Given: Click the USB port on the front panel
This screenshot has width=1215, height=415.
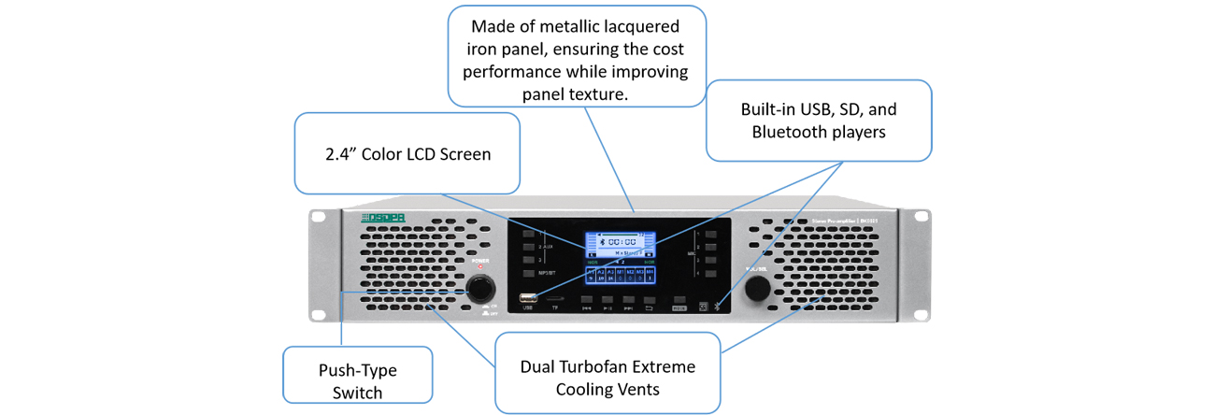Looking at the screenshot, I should (528, 298).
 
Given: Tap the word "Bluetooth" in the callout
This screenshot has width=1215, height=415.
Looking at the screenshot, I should (786, 132).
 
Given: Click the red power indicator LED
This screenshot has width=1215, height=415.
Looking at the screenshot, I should (480, 266).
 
